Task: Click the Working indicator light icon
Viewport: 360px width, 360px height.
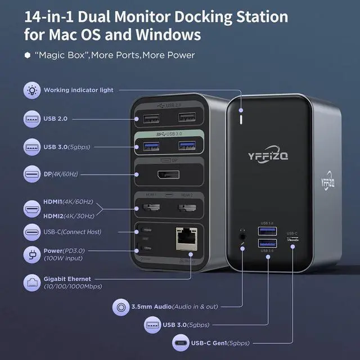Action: [x=31, y=90]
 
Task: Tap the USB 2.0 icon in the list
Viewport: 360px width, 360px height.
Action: [x=31, y=119]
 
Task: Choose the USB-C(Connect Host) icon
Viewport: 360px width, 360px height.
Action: [x=31, y=232]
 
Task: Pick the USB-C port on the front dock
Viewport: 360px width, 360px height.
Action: [x=292, y=240]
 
